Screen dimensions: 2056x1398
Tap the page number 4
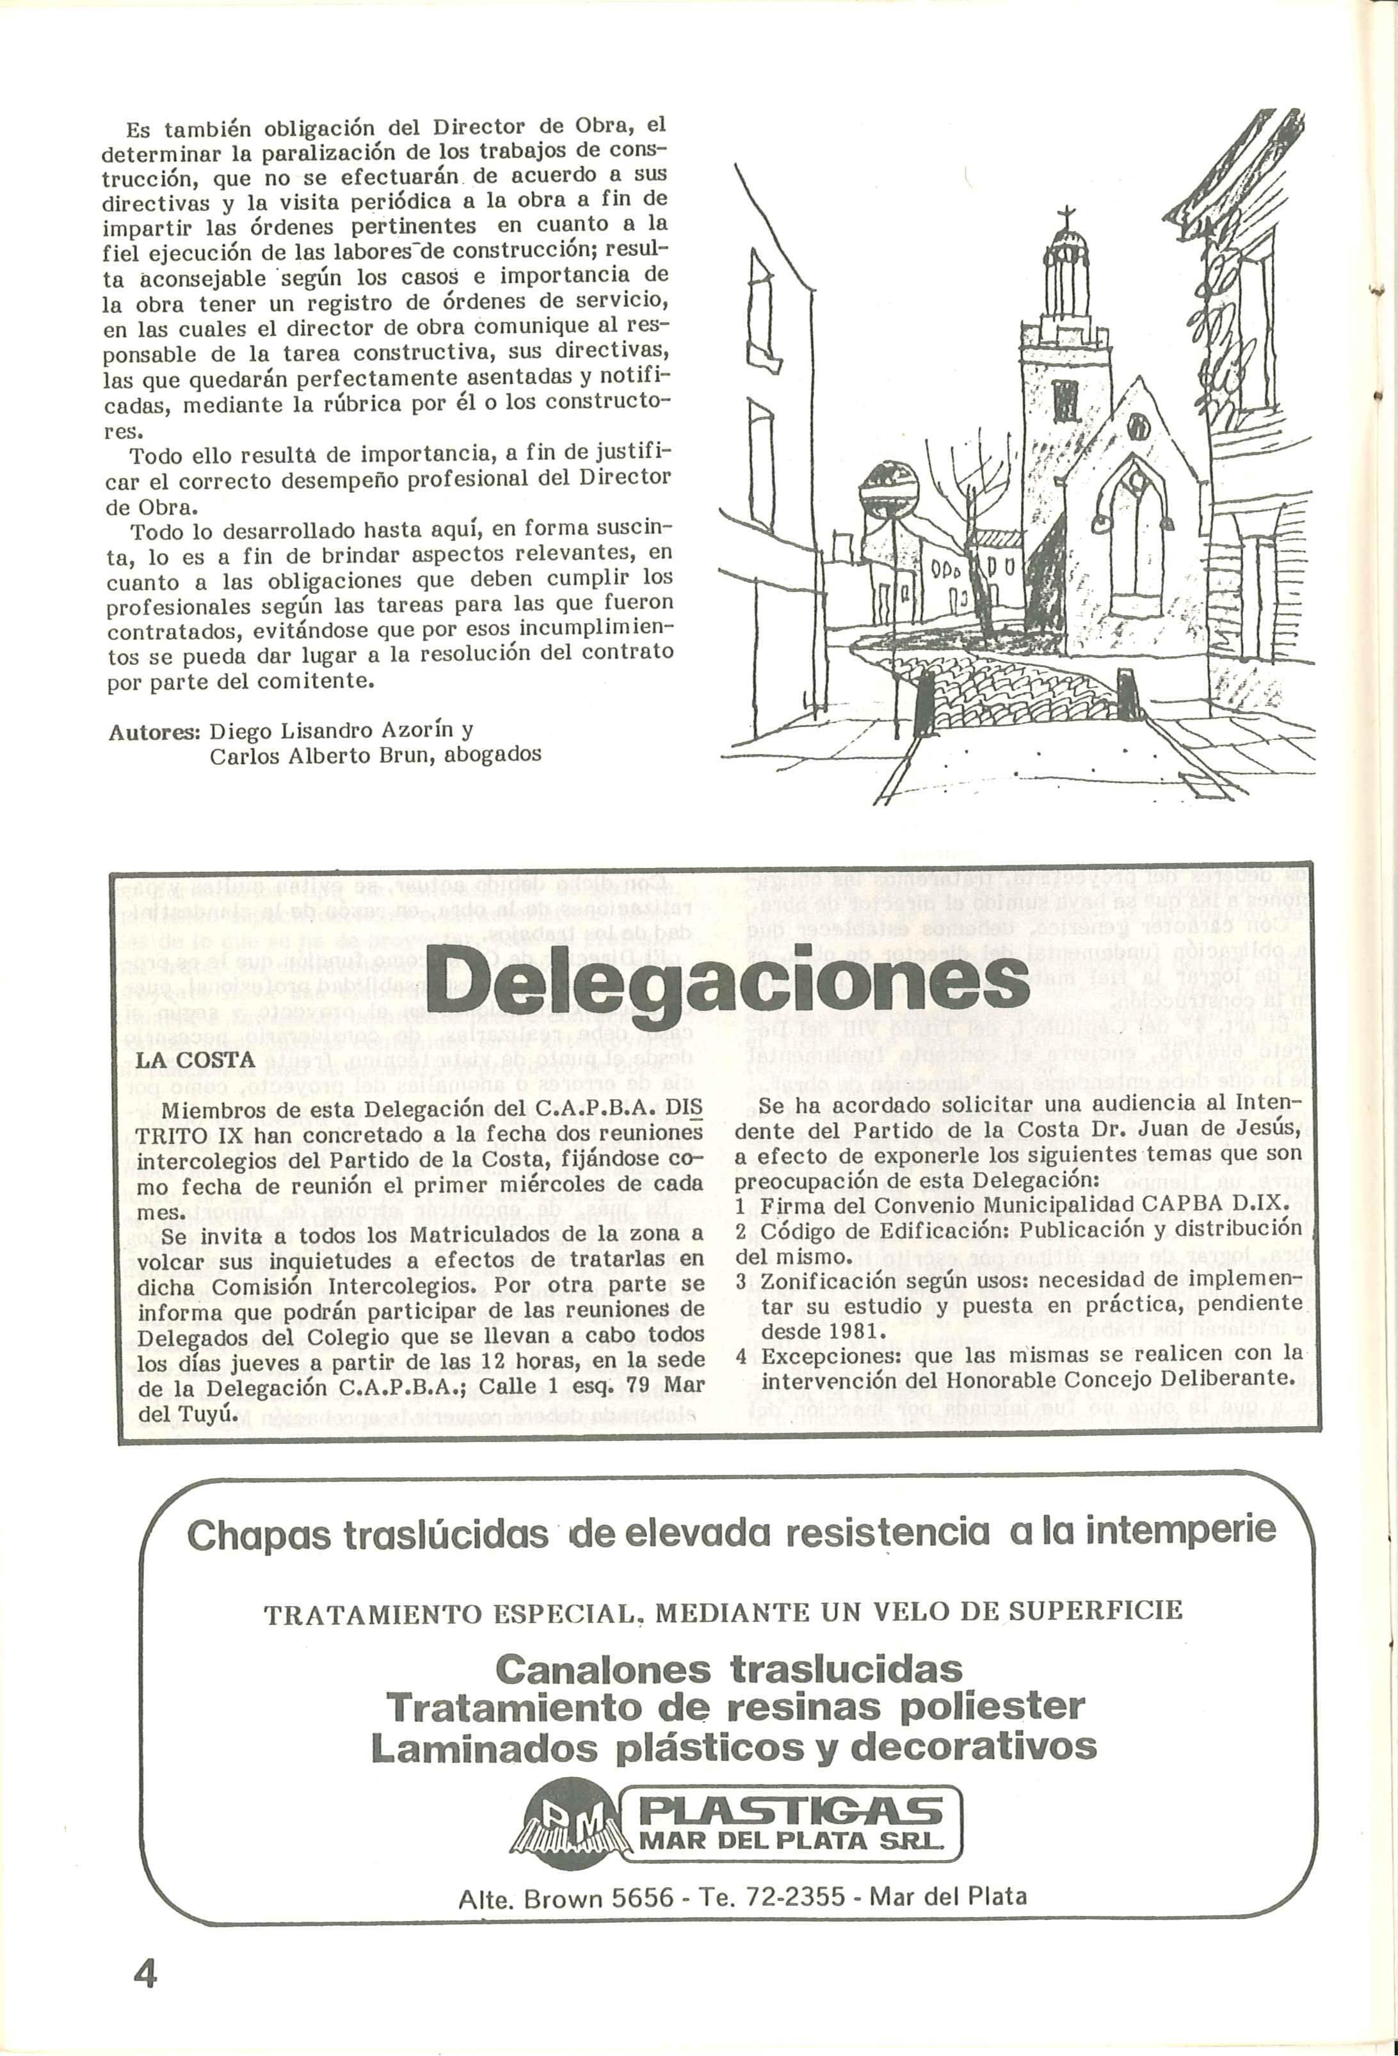pos(143,1973)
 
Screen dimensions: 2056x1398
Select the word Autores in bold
pos(156,732)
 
